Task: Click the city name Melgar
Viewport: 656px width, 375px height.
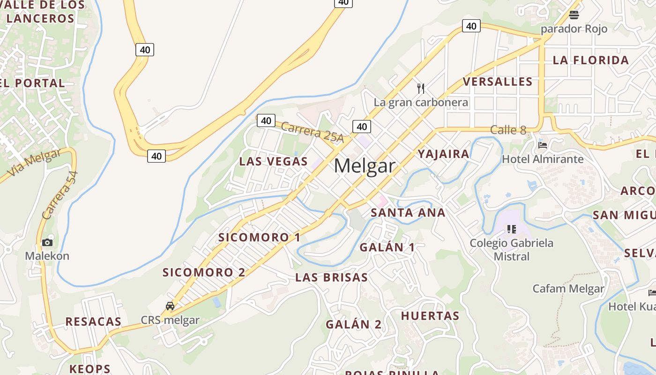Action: (365, 166)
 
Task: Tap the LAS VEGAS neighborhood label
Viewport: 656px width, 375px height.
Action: (273, 161)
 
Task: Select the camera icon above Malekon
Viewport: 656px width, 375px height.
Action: (47, 242)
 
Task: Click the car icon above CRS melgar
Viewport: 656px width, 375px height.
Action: (170, 306)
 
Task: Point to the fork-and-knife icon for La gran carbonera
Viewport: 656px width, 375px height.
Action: (421, 88)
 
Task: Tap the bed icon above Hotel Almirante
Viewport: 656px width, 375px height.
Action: (543, 145)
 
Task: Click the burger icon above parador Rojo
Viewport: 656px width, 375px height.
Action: (574, 15)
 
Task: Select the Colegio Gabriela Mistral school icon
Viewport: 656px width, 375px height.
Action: (511, 229)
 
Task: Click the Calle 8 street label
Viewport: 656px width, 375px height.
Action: (508, 130)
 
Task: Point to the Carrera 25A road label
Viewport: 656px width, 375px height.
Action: (313, 133)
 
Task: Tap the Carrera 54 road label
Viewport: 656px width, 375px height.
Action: (60, 195)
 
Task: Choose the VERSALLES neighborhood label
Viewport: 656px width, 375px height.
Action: (498, 82)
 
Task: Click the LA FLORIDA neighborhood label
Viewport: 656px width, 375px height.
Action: (590, 60)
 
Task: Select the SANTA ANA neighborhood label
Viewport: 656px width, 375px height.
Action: (408, 212)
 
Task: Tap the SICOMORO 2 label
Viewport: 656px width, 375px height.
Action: (204, 272)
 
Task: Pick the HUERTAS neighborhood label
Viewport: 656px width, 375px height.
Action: (430, 315)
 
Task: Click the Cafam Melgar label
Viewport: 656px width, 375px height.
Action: (568, 288)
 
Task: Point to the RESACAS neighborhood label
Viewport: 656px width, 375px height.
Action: (93, 322)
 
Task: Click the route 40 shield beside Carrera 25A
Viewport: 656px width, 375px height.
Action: (266, 120)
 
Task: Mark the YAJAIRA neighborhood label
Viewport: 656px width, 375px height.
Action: (443, 154)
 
